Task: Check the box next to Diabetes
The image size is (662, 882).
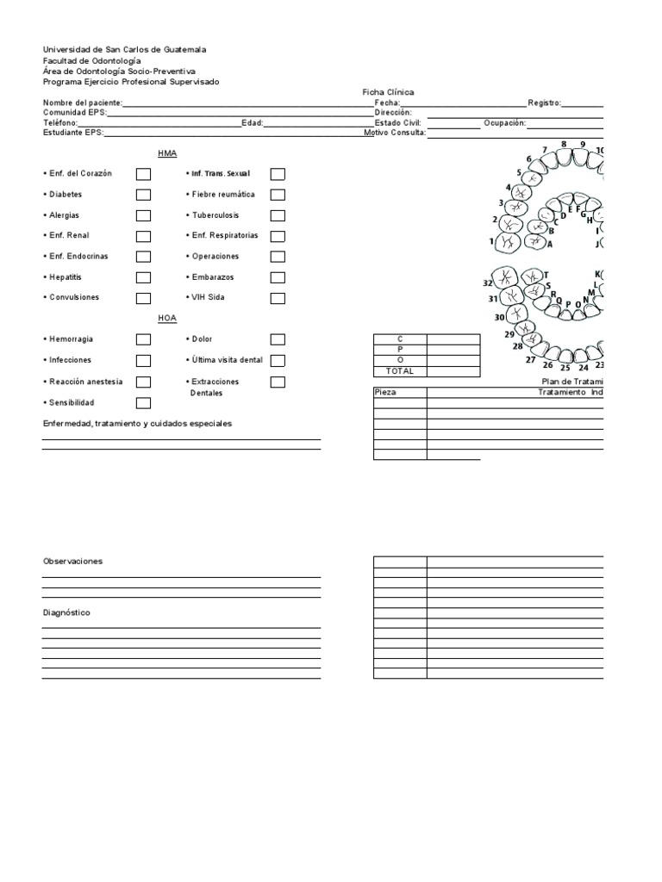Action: [x=143, y=195]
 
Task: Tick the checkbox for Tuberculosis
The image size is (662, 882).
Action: [x=278, y=215]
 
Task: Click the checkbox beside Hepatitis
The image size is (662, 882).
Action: [x=143, y=277]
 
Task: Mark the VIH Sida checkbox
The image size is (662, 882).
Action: [x=278, y=298]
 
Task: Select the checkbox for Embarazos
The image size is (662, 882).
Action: [x=278, y=277]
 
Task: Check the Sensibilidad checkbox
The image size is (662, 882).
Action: [x=143, y=403]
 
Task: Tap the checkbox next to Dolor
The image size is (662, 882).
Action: [x=278, y=339]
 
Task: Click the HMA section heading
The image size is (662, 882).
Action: [x=167, y=152]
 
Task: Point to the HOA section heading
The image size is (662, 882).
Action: [x=167, y=318]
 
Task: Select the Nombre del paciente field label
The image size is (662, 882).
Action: [x=83, y=102]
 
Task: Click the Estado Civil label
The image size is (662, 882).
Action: [x=397, y=123]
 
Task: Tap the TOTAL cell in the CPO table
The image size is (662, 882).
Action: [x=399, y=371]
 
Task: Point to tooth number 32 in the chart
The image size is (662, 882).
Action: [x=488, y=283]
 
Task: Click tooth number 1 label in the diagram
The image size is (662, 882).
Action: [x=491, y=242]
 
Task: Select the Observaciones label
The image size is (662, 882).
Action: [x=72, y=561]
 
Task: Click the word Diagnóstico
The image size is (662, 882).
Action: [x=66, y=612]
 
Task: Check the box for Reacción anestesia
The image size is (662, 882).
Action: [x=143, y=382]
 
